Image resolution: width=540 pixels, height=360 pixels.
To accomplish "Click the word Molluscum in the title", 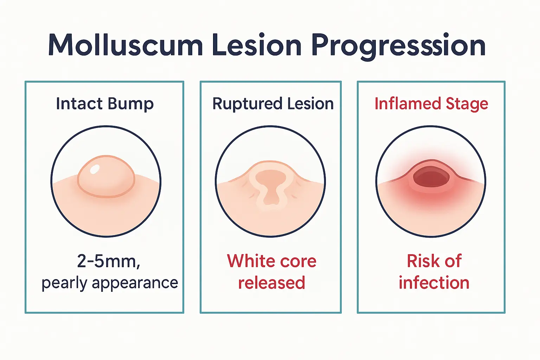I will pyautogui.click(x=125, y=46).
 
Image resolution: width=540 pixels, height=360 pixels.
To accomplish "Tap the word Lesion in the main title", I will pyautogui.click(x=257, y=46).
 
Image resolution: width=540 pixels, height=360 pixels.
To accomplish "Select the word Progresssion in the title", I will pyautogui.click(x=398, y=46).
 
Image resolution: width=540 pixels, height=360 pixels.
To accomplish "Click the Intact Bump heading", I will pyautogui.click(x=105, y=104).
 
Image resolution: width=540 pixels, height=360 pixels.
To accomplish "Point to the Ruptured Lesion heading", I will pyautogui.click(x=273, y=104).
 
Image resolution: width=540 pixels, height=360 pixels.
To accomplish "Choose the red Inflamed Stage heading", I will pyautogui.click(x=431, y=104).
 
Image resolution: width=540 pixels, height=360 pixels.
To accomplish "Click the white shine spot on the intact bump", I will pyautogui.click(x=95, y=169).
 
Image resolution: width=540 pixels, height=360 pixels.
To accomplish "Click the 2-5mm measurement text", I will pyautogui.click(x=109, y=261).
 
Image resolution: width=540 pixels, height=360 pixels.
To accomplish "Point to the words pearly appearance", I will pyautogui.click(x=110, y=283).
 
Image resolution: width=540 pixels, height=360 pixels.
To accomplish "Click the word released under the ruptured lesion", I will pyautogui.click(x=271, y=283).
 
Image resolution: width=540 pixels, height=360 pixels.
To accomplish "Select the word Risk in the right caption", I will pyautogui.click(x=422, y=261).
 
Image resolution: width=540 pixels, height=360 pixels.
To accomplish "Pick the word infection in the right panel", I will pyautogui.click(x=434, y=283).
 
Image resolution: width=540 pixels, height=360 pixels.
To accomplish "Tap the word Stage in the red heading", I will pyautogui.click(x=467, y=104).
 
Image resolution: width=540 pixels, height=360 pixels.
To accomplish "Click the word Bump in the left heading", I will pyautogui.click(x=130, y=104).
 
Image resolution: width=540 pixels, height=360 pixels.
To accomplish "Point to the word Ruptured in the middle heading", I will pyautogui.click(x=247, y=104).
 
